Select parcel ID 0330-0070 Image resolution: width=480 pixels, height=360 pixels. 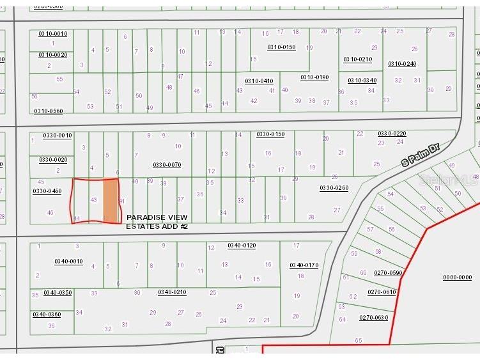pos(167,165)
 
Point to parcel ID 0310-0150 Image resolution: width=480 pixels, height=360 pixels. pos(281,47)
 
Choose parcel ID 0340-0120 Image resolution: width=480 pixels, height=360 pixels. pos(242,246)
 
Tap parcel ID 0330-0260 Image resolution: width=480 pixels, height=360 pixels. pos(334,188)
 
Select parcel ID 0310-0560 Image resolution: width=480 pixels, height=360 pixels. pos(49,111)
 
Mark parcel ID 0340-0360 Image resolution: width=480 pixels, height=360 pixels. pos(47,314)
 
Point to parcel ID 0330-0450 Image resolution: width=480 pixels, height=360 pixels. pos(47,191)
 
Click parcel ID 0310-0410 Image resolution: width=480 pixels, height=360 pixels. pos(259,81)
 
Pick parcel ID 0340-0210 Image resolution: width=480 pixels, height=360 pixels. pos(172,292)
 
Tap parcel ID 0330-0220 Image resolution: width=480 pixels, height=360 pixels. pos(392,134)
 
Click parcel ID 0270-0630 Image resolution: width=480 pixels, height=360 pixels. pos(373,317)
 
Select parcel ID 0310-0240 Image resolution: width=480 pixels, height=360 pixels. pos(402,64)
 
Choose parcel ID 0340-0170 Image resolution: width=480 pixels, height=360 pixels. pos(304,265)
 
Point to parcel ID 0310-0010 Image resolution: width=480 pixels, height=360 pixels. pos(52,33)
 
